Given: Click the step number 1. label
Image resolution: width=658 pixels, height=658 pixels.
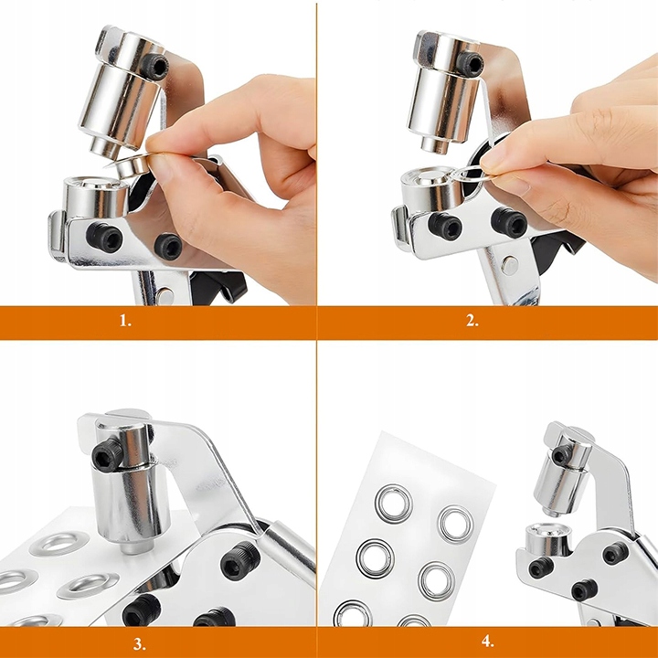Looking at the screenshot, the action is (125, 322).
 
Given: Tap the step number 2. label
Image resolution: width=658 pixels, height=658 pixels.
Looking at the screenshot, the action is (472, 321).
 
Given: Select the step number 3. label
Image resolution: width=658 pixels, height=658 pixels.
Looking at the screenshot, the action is (140, 643).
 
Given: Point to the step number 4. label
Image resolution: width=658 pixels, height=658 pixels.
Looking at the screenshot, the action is (487, 642).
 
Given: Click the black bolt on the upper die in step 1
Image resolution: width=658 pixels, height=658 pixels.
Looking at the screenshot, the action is (154, 66).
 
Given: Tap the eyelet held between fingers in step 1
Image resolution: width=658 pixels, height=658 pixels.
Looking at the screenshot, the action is (128, 165).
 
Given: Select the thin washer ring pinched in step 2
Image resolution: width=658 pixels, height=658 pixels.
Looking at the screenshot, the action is (473, 173).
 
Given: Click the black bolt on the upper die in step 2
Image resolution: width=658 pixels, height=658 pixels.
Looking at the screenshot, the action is (470, 64).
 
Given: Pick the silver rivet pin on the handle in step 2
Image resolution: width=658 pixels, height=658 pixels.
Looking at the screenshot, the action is (509, 265).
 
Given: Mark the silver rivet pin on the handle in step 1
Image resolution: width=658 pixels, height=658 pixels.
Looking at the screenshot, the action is (165, 296).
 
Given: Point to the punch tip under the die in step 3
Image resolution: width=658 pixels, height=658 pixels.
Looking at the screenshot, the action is (134, 547).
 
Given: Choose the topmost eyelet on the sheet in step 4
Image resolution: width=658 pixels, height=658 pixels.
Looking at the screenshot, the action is (394, 504).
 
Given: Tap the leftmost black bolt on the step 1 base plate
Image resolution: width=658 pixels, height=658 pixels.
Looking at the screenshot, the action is (104, 237).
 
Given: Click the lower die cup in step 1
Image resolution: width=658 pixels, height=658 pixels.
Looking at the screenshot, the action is (96, 196).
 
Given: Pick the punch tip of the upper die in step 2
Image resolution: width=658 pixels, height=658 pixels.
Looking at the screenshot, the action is (437, 144).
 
